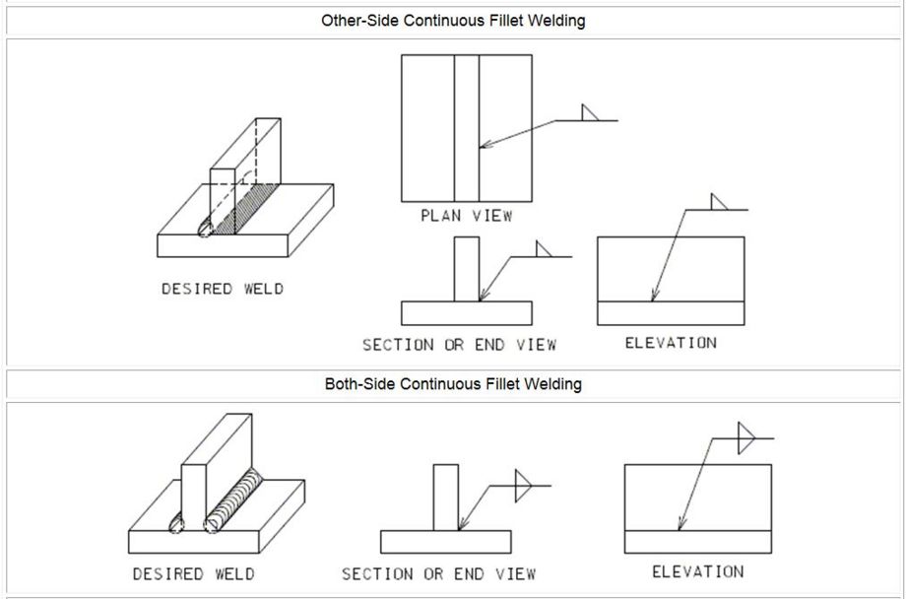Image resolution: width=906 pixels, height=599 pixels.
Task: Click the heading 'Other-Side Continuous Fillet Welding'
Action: click(453, 21)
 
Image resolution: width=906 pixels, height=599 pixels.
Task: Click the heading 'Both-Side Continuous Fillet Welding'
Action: click(453, 384)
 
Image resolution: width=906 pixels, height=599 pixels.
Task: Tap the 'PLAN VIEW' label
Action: click(466, 216)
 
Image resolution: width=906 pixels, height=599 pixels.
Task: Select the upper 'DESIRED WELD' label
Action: click(223, 289)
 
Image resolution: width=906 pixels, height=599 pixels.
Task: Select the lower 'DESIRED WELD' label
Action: click(194, 574)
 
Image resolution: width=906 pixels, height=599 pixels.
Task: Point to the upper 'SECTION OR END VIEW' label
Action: click(459, 345)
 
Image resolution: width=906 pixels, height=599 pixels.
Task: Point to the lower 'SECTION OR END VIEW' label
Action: click(438, 574)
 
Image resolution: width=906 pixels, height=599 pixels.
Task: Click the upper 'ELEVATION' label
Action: click(671, 343)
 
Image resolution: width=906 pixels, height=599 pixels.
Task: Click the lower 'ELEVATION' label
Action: click(698, 571)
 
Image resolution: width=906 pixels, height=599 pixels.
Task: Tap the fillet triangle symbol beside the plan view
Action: click(589, 112)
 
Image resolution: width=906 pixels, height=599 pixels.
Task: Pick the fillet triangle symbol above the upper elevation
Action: click(719, 202)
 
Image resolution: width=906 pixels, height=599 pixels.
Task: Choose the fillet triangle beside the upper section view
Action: click(544, 249)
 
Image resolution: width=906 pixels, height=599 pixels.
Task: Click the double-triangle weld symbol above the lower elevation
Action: click(746, 438)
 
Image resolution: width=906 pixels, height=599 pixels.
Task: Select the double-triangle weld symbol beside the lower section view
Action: click(523, 486)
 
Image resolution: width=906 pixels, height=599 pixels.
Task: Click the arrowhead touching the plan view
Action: click(485, 145)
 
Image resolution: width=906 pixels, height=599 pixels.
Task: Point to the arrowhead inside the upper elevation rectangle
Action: click(654, 296)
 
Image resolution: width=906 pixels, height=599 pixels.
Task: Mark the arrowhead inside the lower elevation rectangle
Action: click(680, 524)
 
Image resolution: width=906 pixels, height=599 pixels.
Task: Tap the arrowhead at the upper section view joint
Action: click(483, 296)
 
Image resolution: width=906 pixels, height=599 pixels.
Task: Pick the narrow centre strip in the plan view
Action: click(466, 128)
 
